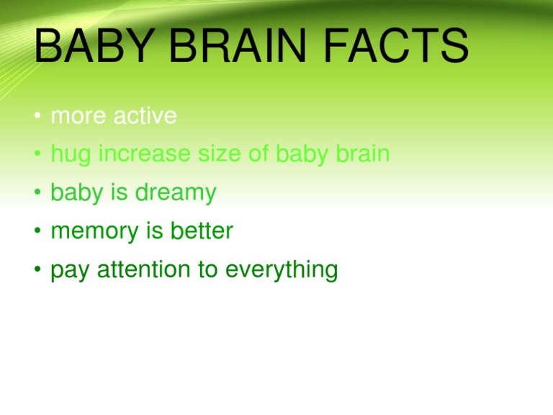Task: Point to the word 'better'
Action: (x=201, y=231)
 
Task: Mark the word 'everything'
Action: (x=281, y=270)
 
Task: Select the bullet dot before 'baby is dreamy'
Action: (x=36, y=194)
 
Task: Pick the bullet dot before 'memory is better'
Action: (x=36, y=232)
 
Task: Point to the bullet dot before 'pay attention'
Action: (x=36, y=270)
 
